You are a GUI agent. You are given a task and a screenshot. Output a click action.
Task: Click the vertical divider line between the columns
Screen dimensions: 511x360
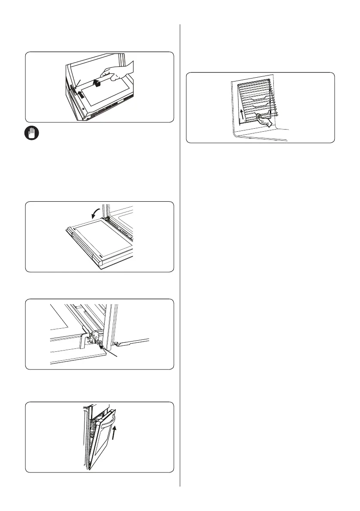[180, 257]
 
